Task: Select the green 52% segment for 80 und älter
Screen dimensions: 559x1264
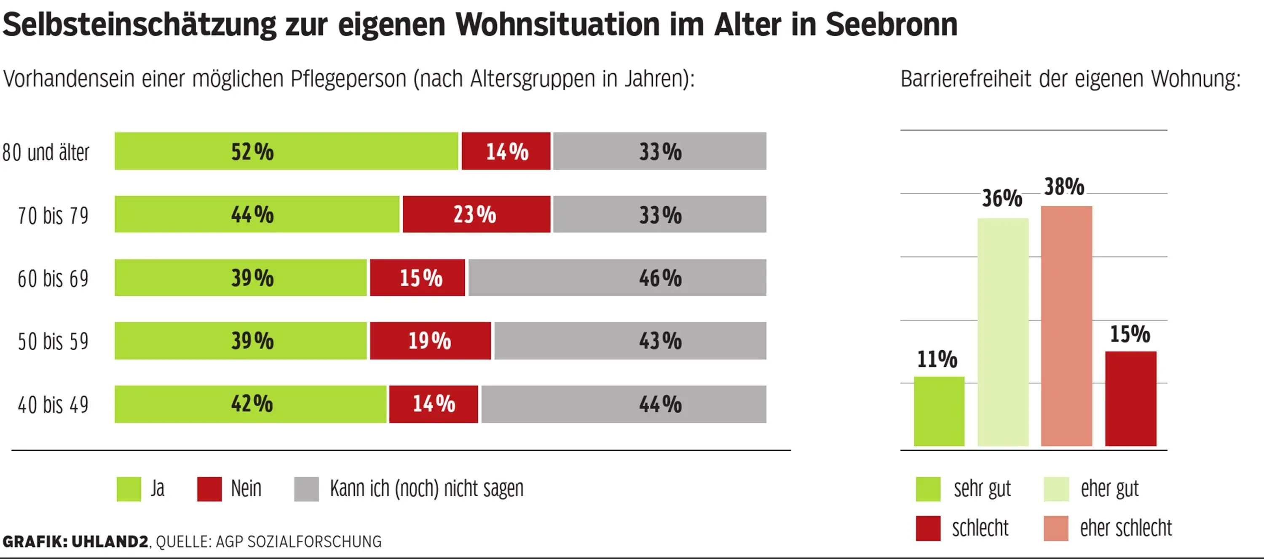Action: click(x=286, y=151)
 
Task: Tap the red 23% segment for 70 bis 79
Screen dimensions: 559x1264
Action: click(x=476, y=214)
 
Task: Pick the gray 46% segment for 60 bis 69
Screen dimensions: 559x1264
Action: click(x=617, y=277)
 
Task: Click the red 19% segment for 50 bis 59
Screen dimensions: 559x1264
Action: click(x=430, y=341)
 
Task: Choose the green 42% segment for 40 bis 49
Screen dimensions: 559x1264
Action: click(x=250, y=404)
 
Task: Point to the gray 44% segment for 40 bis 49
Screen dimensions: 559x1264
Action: click(x=623, y=404)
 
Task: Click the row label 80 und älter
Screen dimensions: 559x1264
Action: click(x=46, y=152)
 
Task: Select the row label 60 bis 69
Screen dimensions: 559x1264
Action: click(x=53, y=279)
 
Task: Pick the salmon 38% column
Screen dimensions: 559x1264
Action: click(x=1066, y=326)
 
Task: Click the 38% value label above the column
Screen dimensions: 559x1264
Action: click(x=1064, y=187)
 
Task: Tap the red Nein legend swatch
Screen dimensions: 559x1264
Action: click(x=209, y=489)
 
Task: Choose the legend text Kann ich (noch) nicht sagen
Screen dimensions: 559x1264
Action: click(x=426, y=488)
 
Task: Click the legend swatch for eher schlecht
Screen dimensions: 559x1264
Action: click(x=1056, y=528)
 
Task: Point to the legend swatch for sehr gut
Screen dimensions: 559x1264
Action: click(x=928, y=489)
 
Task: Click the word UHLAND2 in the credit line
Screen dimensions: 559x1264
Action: click(x=110, y=541)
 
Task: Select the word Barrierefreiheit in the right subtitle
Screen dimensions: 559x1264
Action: click(x=965, y=79)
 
